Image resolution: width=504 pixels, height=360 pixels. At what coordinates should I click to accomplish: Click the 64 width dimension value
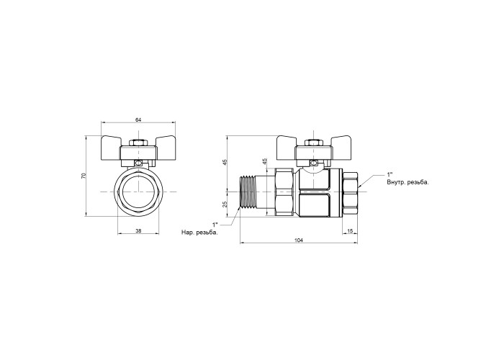pos(138,120)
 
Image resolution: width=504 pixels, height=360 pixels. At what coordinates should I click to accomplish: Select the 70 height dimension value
pos(84,176)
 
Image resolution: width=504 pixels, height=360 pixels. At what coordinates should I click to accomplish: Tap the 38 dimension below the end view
pos(138,230)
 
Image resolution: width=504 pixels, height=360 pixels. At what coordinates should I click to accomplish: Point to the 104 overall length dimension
pos(299,240)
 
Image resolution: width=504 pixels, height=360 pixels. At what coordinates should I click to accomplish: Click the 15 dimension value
pos(351,230)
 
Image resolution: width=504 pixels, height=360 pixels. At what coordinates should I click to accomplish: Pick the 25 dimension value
pos(225,204)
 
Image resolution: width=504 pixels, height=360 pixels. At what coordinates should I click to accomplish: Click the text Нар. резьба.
pos(199,233)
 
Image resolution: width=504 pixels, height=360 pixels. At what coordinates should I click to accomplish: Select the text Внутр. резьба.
pos(408,183)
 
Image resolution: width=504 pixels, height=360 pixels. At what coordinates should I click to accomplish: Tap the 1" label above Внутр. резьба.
pos(390,174)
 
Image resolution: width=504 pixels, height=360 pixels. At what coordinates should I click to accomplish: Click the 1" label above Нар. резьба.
pos(215,224)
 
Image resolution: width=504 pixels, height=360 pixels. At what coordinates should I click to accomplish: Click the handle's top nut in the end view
pos(138,143)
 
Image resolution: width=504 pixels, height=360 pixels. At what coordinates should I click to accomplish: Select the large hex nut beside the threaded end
pos(284,192)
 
